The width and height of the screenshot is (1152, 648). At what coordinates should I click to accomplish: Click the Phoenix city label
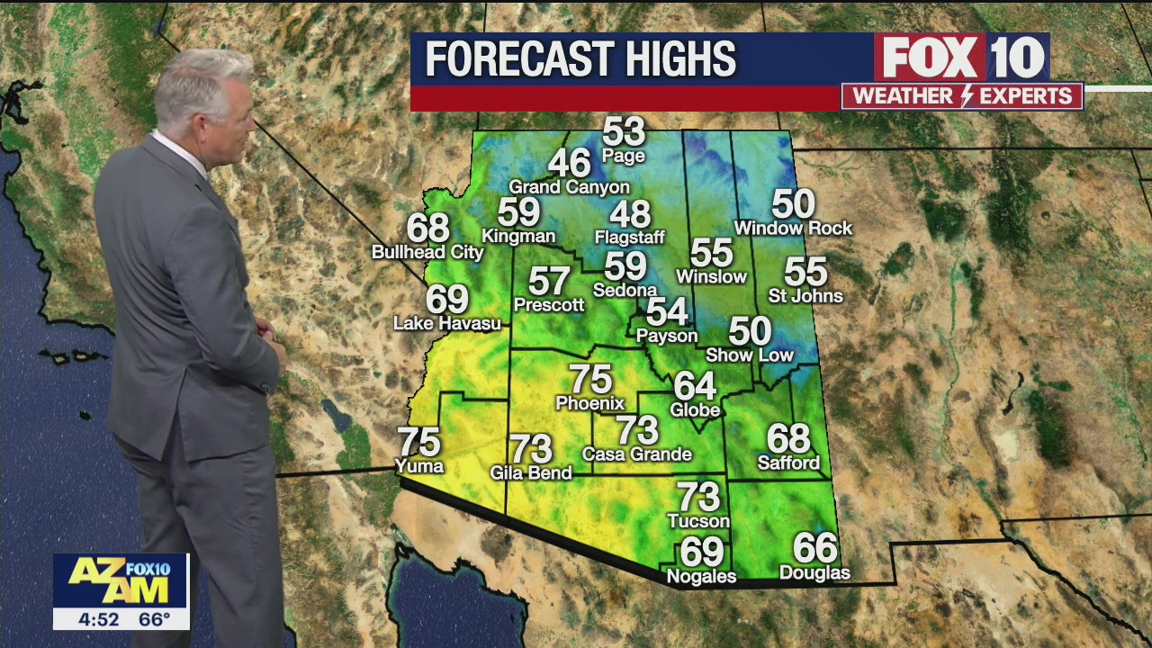point(590,403)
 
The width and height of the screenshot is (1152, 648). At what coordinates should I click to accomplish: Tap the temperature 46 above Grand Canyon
point(569,164)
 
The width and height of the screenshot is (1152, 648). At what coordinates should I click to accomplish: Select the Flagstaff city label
point(629,238)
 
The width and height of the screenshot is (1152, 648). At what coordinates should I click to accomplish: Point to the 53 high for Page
point(624,131)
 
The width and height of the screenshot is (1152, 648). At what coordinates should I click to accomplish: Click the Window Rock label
point(793,229)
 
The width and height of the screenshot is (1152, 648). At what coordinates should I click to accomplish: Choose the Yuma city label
point(419,466)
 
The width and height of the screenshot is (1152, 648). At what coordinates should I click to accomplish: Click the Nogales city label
point(701,576)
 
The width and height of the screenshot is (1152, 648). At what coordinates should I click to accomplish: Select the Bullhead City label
point(427,253)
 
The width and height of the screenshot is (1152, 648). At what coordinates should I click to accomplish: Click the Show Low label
point(750,355)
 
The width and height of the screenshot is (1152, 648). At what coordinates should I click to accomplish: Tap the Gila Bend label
point(531,472)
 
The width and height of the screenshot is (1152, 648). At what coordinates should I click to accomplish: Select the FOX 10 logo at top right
point(962,58)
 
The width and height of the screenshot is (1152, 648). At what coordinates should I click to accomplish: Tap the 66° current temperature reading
point(155,619)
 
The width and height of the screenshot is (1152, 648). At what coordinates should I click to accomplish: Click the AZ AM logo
point(121,580)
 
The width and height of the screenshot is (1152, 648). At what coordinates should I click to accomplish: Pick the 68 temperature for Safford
point(788,439)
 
